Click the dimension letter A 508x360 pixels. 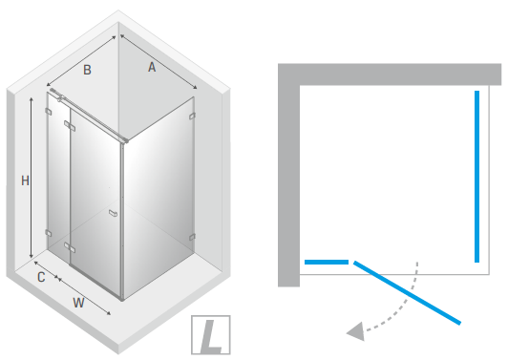pyautogui.click(x=152, y=68)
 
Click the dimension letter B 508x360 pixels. pyautogui.click(x=87, y=70)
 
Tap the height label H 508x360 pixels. pyautogui.click(x=25, y=180)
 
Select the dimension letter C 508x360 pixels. pyautogui.click(x=41, y=277)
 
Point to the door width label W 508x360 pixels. pyautogui.click(x=78, y=303)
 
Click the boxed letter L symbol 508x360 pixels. pyautogui.click(x=211, y=335)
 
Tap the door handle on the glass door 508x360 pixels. pyautogui.click(x=113, y=213)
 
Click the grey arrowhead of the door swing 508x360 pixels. pyautogui.click(x=356, y=331)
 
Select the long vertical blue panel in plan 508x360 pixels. pyautogui.click(x=476, y=177)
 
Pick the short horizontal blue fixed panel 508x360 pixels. pyautogui.click(x=327, y=263)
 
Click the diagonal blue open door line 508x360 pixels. pyautogui.click(x=407, y=292)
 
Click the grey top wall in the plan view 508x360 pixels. pyautogui.click(x=390, y=74)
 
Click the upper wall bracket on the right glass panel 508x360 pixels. pyautogui.click(x=192, y=116)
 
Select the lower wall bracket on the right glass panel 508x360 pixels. pyautogui.click(x=192, y=237)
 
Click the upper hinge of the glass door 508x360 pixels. pyautogui.click(x=70, y=126)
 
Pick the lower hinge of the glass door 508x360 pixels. pyautogui.click(x=70, y=247)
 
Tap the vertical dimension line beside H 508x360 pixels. pyautogui.click(x=32, y=178)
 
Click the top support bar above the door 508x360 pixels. pyautogui.click(x=90, y=118)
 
